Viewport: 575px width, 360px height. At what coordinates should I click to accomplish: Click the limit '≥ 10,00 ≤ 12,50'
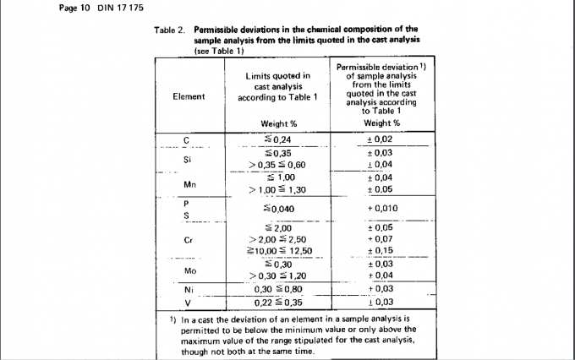[280, 251]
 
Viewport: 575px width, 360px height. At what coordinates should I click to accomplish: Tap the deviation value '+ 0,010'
[382, 209]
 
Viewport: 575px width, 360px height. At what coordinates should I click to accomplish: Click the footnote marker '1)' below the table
[163, 319]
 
